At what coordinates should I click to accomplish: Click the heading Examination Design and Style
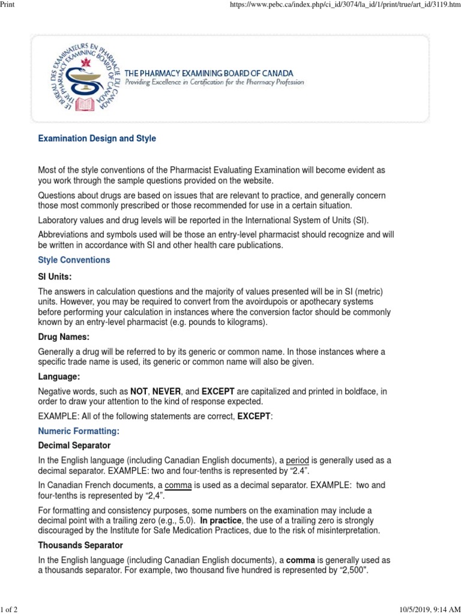point(97,139)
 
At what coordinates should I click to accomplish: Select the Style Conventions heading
point(74,260)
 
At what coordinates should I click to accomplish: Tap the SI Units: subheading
point(55,276)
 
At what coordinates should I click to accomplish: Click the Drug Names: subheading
point(64,337)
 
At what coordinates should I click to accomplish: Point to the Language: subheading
point(59,377)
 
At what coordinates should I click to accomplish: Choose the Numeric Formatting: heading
point(79,431)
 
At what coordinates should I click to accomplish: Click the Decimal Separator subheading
point(74,446)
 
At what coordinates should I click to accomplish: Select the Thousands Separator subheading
point(80,545)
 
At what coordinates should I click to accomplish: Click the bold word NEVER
point(166,392)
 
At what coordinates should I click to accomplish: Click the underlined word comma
point(178,485)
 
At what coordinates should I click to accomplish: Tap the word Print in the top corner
point(7,5)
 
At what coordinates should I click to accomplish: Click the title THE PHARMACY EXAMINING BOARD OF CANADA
point(208,73)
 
